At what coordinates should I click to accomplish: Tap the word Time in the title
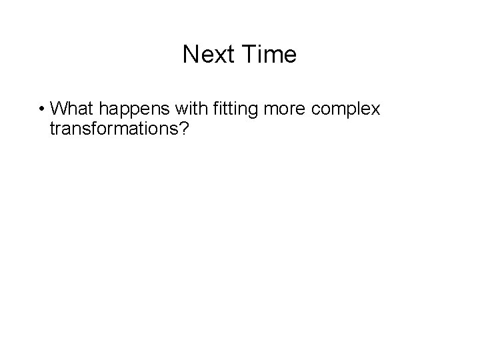click(x=270, y=55)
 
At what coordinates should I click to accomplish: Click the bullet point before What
click(x=41, y=109)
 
